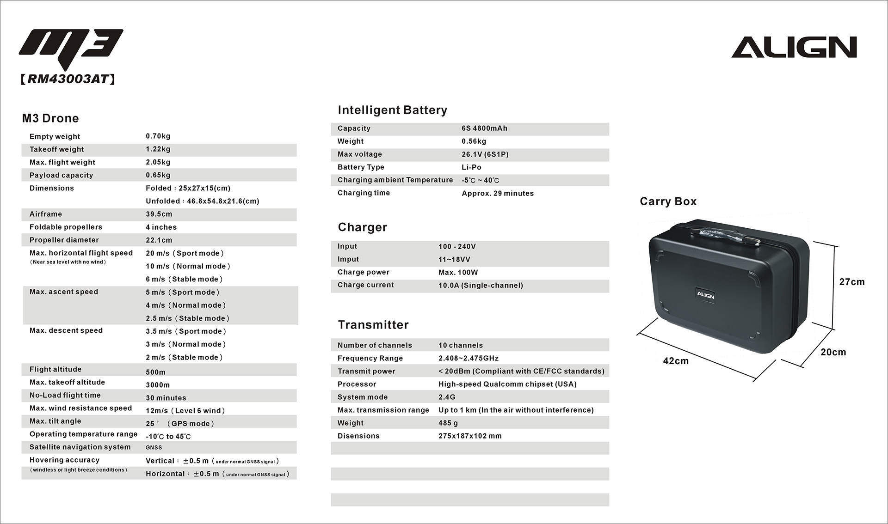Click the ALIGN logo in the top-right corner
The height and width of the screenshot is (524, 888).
(794, 47)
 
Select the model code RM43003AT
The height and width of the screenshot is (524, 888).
(68, 79)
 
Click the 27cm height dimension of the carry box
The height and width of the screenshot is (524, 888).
(851, 282)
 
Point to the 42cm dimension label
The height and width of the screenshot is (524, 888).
(675, 361)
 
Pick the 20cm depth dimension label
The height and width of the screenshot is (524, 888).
(833, 352)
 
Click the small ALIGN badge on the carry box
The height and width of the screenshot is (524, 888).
(705, 295)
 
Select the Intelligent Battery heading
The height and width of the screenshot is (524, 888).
(392, 110)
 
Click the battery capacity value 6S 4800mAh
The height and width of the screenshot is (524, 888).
(484, 128)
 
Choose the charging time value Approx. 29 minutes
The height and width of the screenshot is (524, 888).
(497, 193)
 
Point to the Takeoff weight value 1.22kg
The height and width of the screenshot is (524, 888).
(158, 149)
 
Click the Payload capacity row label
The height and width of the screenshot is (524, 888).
(61, 175)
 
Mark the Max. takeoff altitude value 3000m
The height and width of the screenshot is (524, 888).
(158, 385)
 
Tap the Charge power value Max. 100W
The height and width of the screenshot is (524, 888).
(458, 272)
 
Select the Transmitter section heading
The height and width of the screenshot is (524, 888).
(373, 325)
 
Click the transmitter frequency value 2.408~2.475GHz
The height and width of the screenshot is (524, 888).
(468, 358)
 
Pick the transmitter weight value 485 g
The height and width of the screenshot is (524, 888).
(448, 423)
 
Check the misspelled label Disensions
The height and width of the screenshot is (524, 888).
(358, 436)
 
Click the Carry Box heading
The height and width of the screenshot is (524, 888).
(668, 201)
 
